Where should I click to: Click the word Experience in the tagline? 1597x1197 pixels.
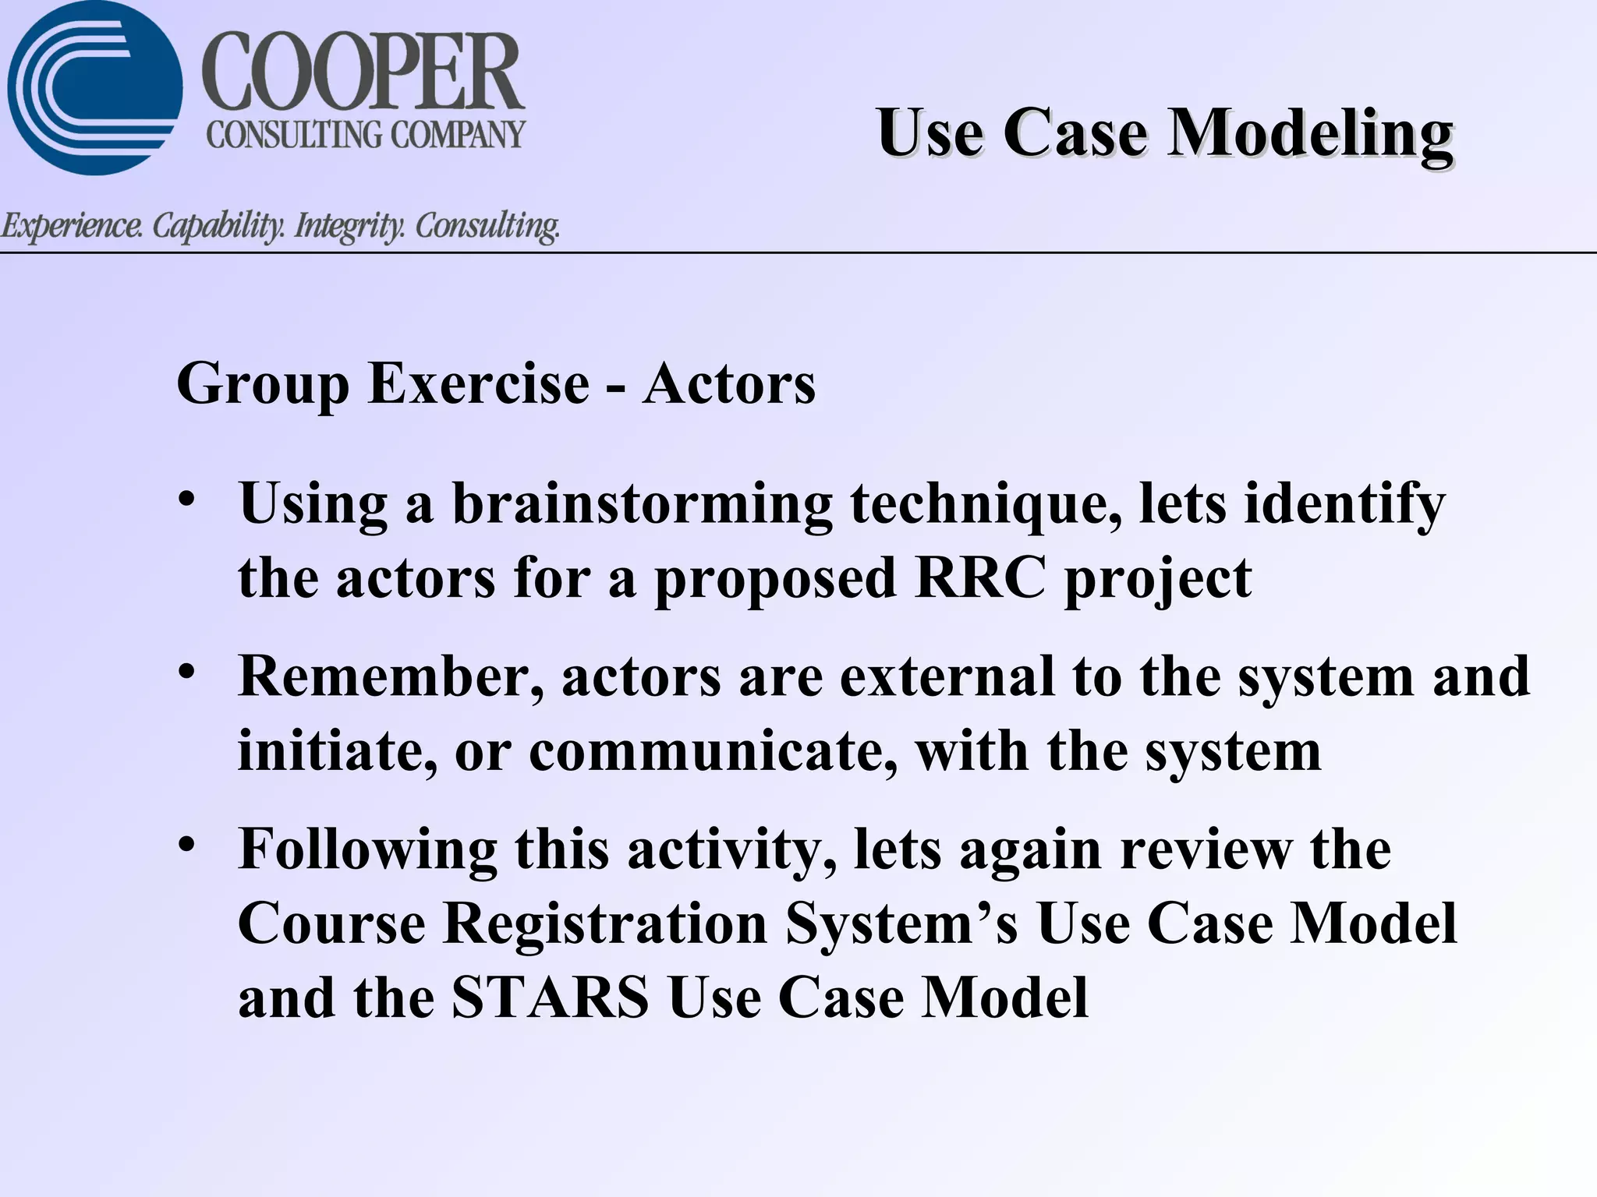coord(72,226)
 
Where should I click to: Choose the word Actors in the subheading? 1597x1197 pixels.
coord(729,383)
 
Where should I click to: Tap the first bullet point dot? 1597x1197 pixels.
coord(186,499)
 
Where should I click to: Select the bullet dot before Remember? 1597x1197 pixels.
coord(186,671)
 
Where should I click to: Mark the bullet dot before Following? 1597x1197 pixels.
coord(186,844)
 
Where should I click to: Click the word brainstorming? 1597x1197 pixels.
coord(643,504)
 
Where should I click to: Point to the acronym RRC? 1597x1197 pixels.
coord(980,578)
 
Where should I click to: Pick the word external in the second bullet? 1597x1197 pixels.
coord(947,676)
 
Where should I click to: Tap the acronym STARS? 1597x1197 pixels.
coord(551,997)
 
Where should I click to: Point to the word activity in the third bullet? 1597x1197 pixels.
coord(732,849)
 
